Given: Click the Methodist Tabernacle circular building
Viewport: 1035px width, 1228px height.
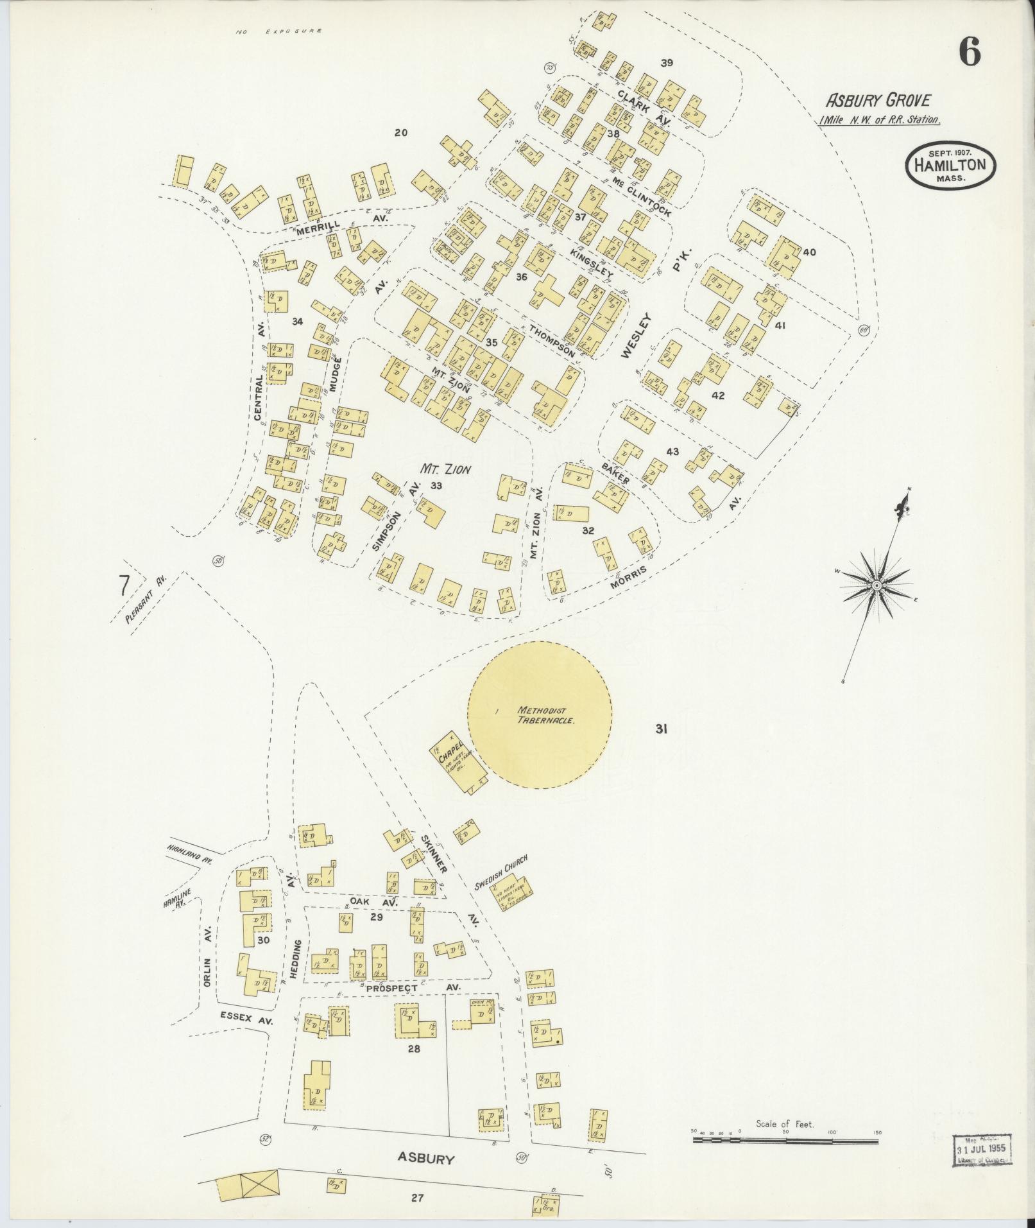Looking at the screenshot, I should pos(538,714).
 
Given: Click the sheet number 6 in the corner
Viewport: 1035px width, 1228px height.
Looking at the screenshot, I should pos(970,52).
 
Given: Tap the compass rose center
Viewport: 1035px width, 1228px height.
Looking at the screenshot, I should pos(876,585).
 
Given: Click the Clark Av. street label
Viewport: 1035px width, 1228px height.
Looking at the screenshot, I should pos(644,105).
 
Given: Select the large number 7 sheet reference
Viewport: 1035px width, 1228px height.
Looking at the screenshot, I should pos(124,585).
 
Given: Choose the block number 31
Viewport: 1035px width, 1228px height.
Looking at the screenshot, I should pos(662,729).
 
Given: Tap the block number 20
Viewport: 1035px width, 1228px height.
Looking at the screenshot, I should pos(401,133).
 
